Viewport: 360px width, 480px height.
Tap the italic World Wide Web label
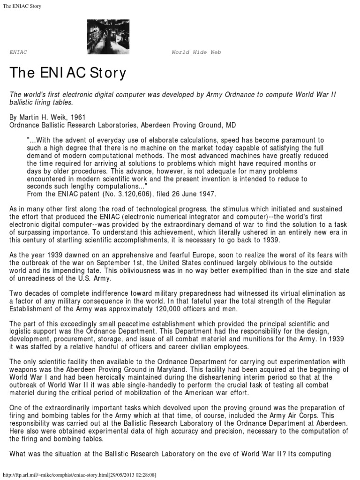(x=196, y=52)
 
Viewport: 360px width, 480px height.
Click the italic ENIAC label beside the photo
(x=18, y=52)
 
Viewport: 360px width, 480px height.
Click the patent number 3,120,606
(x=123, y=193)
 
